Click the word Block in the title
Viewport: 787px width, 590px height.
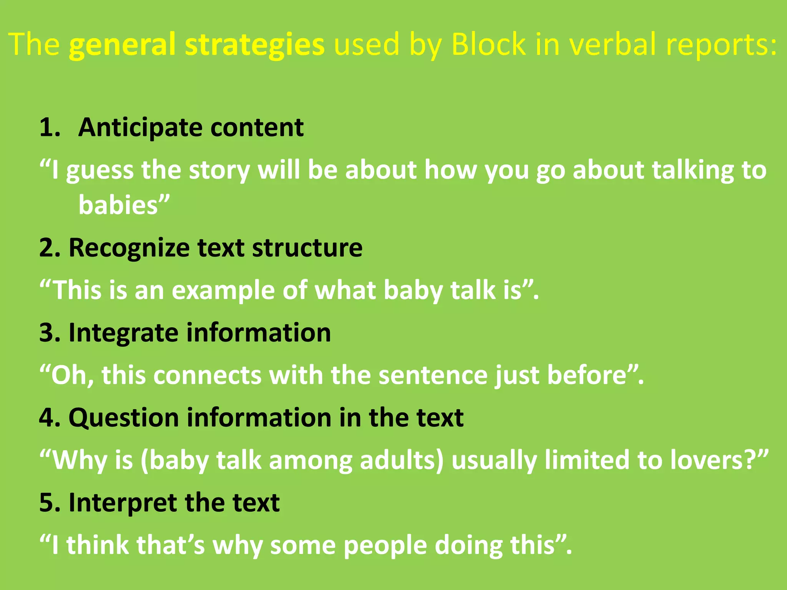point(488,45)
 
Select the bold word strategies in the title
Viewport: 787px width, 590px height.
point(254,45)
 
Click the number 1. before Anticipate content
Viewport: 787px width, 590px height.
point(50,128)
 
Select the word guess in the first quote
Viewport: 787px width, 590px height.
point(100,171)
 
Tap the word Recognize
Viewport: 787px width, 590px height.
point(129,248)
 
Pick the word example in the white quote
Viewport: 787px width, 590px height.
point(223,290)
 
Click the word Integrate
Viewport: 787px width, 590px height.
point(123,333)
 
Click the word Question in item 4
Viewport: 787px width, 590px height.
point(123,418)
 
